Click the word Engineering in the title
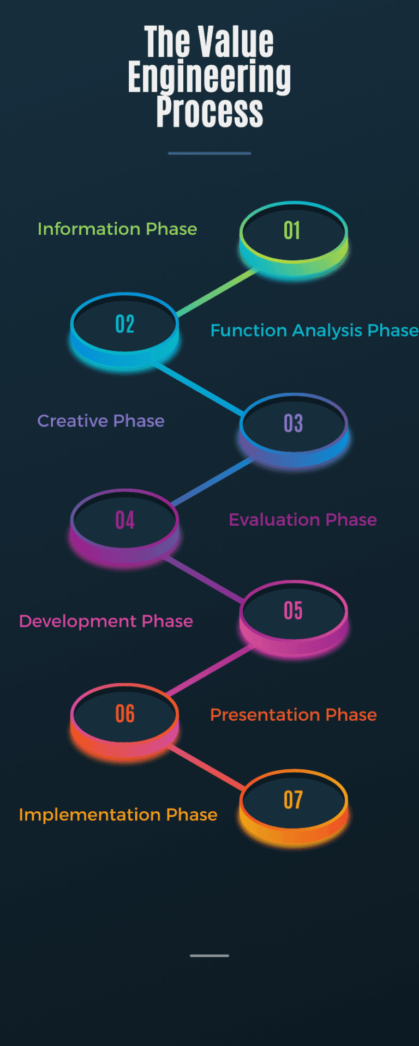209,77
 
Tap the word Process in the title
209,112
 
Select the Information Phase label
117,229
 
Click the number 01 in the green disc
292,231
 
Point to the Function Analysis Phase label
314,330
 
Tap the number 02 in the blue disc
125,325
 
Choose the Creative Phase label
101,421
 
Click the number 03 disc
294,423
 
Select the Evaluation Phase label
303,520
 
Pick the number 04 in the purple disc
125,520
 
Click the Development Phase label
106,621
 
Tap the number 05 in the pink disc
294,611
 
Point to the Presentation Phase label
294,715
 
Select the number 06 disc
125,714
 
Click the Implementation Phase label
118,814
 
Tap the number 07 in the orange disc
294,800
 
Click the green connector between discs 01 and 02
216,292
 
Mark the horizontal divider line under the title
209,153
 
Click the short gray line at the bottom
209,956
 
